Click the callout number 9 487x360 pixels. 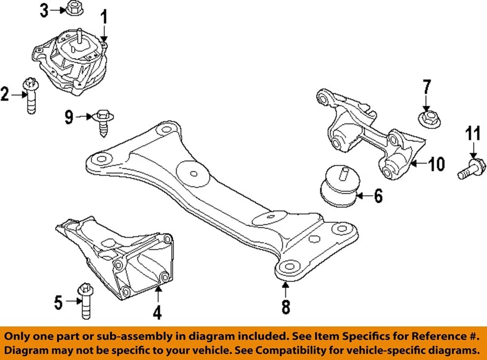coord(69,118)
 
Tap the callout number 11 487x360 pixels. coord(472,134)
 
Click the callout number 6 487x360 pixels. coord(378,195)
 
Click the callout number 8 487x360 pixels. coord(286,306)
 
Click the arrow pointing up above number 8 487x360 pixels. coord(286,290)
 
